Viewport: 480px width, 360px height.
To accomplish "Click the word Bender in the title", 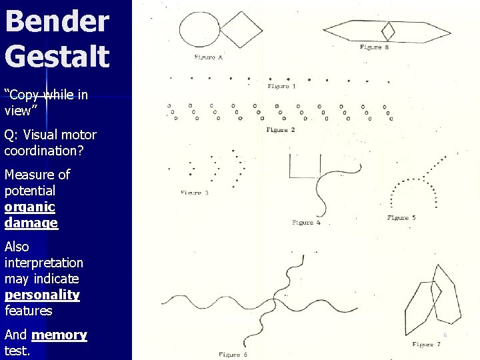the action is tap(57, 21).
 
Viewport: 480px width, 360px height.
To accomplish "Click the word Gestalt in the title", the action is tap(57, 55).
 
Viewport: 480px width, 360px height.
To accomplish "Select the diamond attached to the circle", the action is tap(241, 30).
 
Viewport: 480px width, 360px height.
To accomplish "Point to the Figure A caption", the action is tap(208, 57).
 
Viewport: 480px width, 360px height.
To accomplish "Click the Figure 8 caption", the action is tap(374, 47).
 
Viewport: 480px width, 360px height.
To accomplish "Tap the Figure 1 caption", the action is tap(282, 86).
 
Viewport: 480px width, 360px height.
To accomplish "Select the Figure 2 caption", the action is tap(281, 130).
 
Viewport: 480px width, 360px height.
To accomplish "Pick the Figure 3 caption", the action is tap(195, 193).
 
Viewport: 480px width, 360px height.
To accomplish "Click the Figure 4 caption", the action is tap(306, 223).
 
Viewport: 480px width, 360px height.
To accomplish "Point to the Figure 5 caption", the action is tap(401, 218).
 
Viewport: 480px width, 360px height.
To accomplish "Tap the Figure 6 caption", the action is tap(233, 355).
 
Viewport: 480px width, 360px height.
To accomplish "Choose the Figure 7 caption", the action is tap(426, 345).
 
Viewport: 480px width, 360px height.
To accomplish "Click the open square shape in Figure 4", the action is tap(305, 167).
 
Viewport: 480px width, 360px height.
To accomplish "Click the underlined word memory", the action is tap(59, 335).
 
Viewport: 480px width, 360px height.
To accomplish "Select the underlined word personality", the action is tap(42, 295).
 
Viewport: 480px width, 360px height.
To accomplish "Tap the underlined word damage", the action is tap(31, 223).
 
